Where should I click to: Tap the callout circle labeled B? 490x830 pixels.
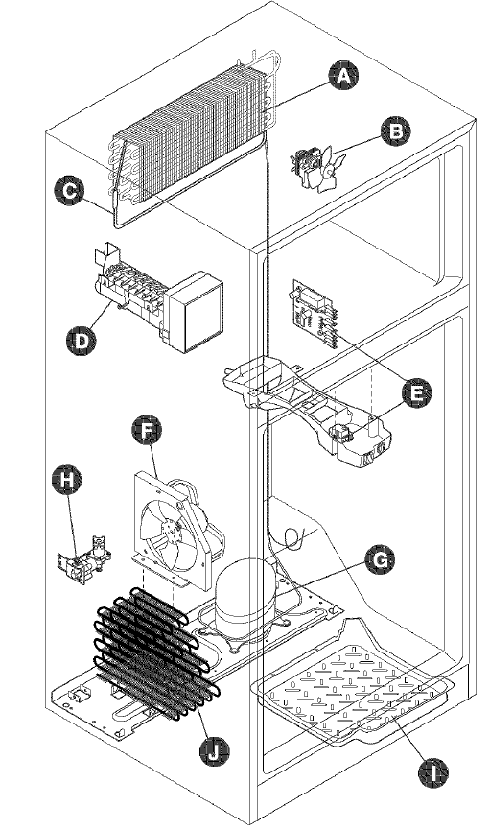[391, 131]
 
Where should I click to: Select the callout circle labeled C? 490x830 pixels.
[66, 192]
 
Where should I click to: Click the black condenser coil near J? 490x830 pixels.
[153, 652]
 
